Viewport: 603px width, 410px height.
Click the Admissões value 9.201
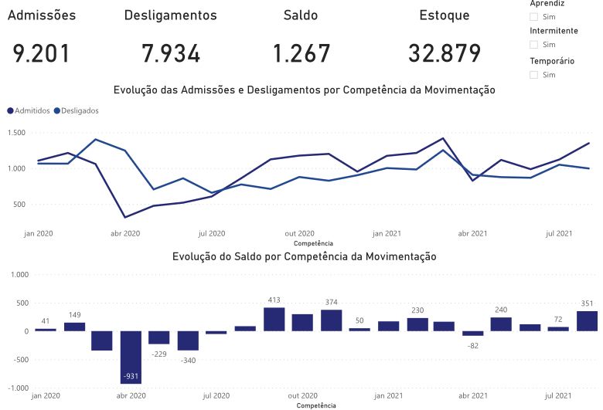(42, 54)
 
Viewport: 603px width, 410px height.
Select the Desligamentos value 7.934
(171, 54)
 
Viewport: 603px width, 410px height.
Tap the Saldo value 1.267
(301, 54)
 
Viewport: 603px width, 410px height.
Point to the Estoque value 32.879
(445, 54)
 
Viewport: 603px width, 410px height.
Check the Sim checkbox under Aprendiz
(534, 16)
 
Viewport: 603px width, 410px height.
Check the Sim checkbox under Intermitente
(534, 45)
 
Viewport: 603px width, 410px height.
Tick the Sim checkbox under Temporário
(534, 75)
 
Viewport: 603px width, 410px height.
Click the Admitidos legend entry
(28, 110)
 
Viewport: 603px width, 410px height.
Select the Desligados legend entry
(76, 110)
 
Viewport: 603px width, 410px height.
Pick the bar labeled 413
(274, 320)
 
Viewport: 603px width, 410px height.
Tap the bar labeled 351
(587, 321)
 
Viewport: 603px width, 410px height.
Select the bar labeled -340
(188, 341)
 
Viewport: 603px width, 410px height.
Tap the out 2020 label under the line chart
(299, 233)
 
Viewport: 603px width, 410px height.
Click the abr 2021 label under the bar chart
(472, 395)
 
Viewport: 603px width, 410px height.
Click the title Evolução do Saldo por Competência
(304, 256)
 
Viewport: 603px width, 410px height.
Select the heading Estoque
(444, 15)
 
